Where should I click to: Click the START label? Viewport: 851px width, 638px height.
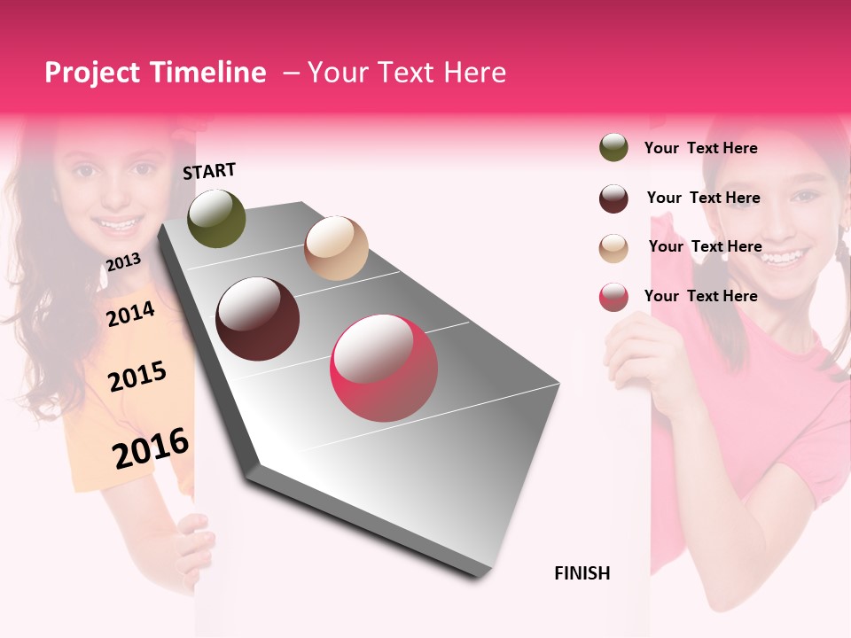pyautogui.click(x=209, y=171)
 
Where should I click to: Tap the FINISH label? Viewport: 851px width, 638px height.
pyautogui.click(x=582, y=573)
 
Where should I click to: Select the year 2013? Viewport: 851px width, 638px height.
pyautogui.click(x=123, y=261)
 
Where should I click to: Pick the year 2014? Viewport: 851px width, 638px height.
pyautogui.click(x=130, y=314)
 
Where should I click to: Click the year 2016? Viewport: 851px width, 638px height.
pyautogui.click(x=151, y=447)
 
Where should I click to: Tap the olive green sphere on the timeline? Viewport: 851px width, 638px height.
pyautogui.click(x=216, y=218)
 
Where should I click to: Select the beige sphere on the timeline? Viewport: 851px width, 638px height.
pyautogui.click(x=336, y=248)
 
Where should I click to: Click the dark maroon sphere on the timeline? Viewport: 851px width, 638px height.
pyautogui.click(x=258, y=319)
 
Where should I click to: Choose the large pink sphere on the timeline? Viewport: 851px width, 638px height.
pyautogui.click(x=384, y=368)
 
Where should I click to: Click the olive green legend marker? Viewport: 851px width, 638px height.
pyautogui.click(x=613, y=148)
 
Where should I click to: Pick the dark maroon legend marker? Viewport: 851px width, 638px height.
pyautogui.click(x=613, y=198)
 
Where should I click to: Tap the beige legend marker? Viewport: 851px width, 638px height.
pyautogui.click(x=613, y=248)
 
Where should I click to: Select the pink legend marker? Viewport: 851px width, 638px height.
pyautogui.click(x=613, y=297)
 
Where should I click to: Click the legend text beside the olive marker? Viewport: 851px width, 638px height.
pyautogui.click(x=700, y=148)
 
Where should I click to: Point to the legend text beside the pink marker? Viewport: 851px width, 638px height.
pyautogui.click(x=700, y=296)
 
